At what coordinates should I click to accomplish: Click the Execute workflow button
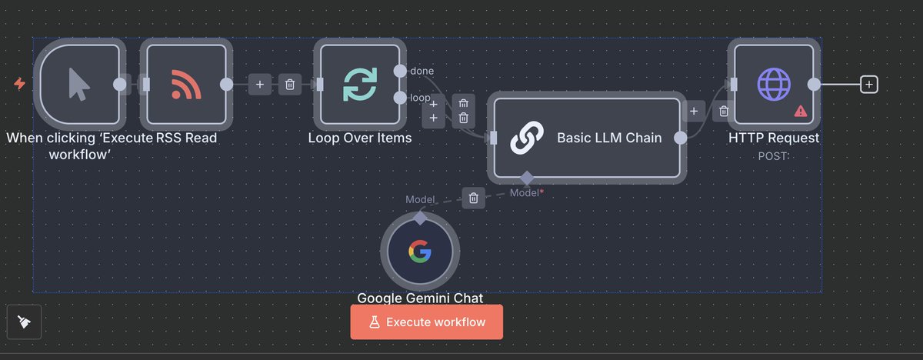click(x=426, y=322)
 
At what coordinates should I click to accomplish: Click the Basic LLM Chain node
click(x=585, y=138)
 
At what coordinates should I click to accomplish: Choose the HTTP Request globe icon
click(x=773, y=84)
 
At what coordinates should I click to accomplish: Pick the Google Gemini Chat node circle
click(x=419, y=252)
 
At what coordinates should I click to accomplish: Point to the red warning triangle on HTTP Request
click(x=801, y=111)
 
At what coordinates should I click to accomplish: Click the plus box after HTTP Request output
click(x=868, y=84)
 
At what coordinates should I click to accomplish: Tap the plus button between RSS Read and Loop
click(x=260, y=84)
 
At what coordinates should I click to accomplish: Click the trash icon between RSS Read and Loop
click(x=289, y=84)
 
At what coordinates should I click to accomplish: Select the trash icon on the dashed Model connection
click(x=474, y=198)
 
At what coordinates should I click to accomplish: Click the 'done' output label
click(x=422, y=71)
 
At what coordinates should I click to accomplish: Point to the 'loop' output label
click(x=420, y=98)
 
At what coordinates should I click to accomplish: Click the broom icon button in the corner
click(x=25, y=322)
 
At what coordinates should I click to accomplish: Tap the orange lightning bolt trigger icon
click(x=19, y=83)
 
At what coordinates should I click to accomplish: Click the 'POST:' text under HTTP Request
click(x=774, y=155)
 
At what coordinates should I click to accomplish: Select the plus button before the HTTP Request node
click(x=693, y=112)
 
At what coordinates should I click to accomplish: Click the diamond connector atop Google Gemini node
click(x=420, y=218)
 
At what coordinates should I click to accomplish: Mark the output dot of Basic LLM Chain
click(x=680, y=138)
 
